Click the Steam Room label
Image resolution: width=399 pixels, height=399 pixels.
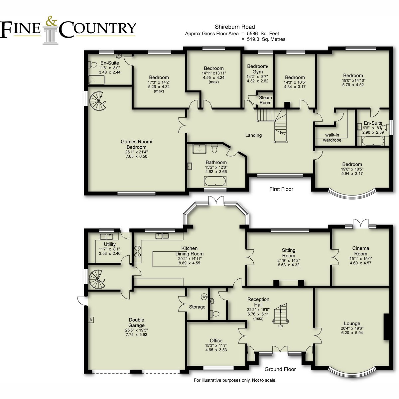click(265, 100)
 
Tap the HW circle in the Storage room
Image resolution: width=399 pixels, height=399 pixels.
click(204, 297)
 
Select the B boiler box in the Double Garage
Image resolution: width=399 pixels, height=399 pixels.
click(91, 320)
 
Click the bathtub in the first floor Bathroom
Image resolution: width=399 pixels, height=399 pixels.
click(215, 181)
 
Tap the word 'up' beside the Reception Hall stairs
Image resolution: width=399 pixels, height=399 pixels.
click(280, 326)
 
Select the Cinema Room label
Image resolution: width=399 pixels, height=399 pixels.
click(360, 251)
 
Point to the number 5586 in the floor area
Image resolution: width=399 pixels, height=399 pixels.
click(253, 34)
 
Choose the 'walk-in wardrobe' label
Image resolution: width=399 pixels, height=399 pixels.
click(332, 137)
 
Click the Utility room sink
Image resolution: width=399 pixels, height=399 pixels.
click(106, 236)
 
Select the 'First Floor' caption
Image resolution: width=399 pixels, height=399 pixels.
click(281, 189)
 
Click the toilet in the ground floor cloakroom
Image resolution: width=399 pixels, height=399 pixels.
click(214, 314)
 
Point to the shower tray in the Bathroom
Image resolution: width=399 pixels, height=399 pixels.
click(199, 148)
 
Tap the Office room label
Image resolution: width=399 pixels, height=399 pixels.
click(216, 340)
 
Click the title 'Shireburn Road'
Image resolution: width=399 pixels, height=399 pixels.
click(235, 27)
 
